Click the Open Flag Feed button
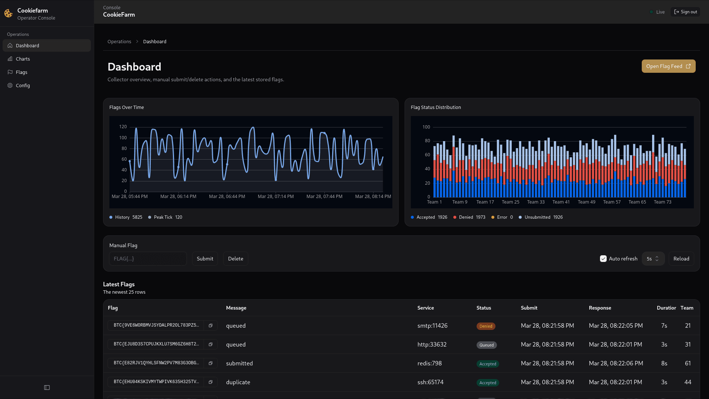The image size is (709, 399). (668, 66)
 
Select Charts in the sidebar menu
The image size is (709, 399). (23, 59)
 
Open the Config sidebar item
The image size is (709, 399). (23, 85)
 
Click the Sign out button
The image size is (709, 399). (685, 12)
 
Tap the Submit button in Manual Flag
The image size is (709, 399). (205, 259)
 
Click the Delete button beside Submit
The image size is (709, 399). (235, 259)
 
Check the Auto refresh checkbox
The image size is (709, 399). (603, 259)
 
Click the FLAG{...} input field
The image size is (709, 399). (148, 259)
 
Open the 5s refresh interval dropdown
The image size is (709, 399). (653, 259)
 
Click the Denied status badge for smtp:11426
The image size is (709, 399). (485, 326)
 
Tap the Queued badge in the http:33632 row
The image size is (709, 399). (486, 345)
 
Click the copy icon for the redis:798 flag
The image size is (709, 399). (211, 363)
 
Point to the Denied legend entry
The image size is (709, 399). (469, 217)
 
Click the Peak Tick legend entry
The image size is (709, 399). (165, 217)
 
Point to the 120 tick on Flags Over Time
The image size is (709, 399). (123, 127)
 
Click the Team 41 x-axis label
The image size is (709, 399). (561, 202)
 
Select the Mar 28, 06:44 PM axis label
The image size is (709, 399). (227, 197)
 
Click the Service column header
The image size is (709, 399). (426, 308)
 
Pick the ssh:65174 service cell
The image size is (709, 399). (430, 382)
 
